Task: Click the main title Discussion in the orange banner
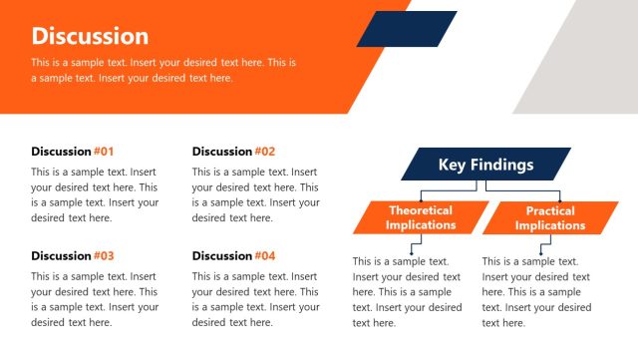pyautogui.click(x=90, y=37)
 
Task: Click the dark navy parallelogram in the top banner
pyautogui.click(x=407, y=29)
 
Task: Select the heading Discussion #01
pyautogui.click(x=73, y=152)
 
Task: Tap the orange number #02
pyautogui.click(x=264, y=152)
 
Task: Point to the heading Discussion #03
pyautogui.click(x=73, y=255)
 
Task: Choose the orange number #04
pyautogui.click(x=264, y=255)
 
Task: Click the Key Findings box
pyautogui.click(x=485, y=165)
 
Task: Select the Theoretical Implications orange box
pyautogui.click(x=421, y=217)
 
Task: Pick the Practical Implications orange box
pyautogui.click(x=550, y=217)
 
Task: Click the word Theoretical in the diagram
pyautogui.click(x=421, y=210)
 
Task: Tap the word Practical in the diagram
pyautogui.click(x=550, y=210)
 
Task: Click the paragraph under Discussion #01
pyautogui.click(x=95, y=194)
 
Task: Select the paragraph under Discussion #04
pyautogui.click(x=255, y=299)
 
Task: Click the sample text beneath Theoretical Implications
pyautogui.click(x=407, y=292)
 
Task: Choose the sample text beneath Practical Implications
pyautogui.click(x=536, y=292)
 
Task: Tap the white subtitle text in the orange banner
pyautogui.click(x=164, y=70)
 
